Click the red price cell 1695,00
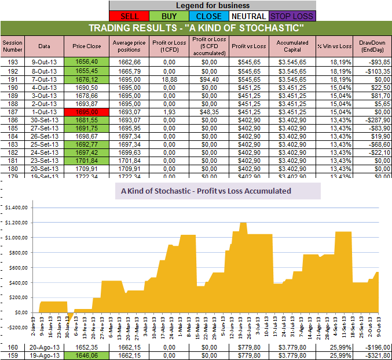(x=86, y=111)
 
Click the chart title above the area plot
(x=206, y=190)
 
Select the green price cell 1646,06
(x=86, y=355)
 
